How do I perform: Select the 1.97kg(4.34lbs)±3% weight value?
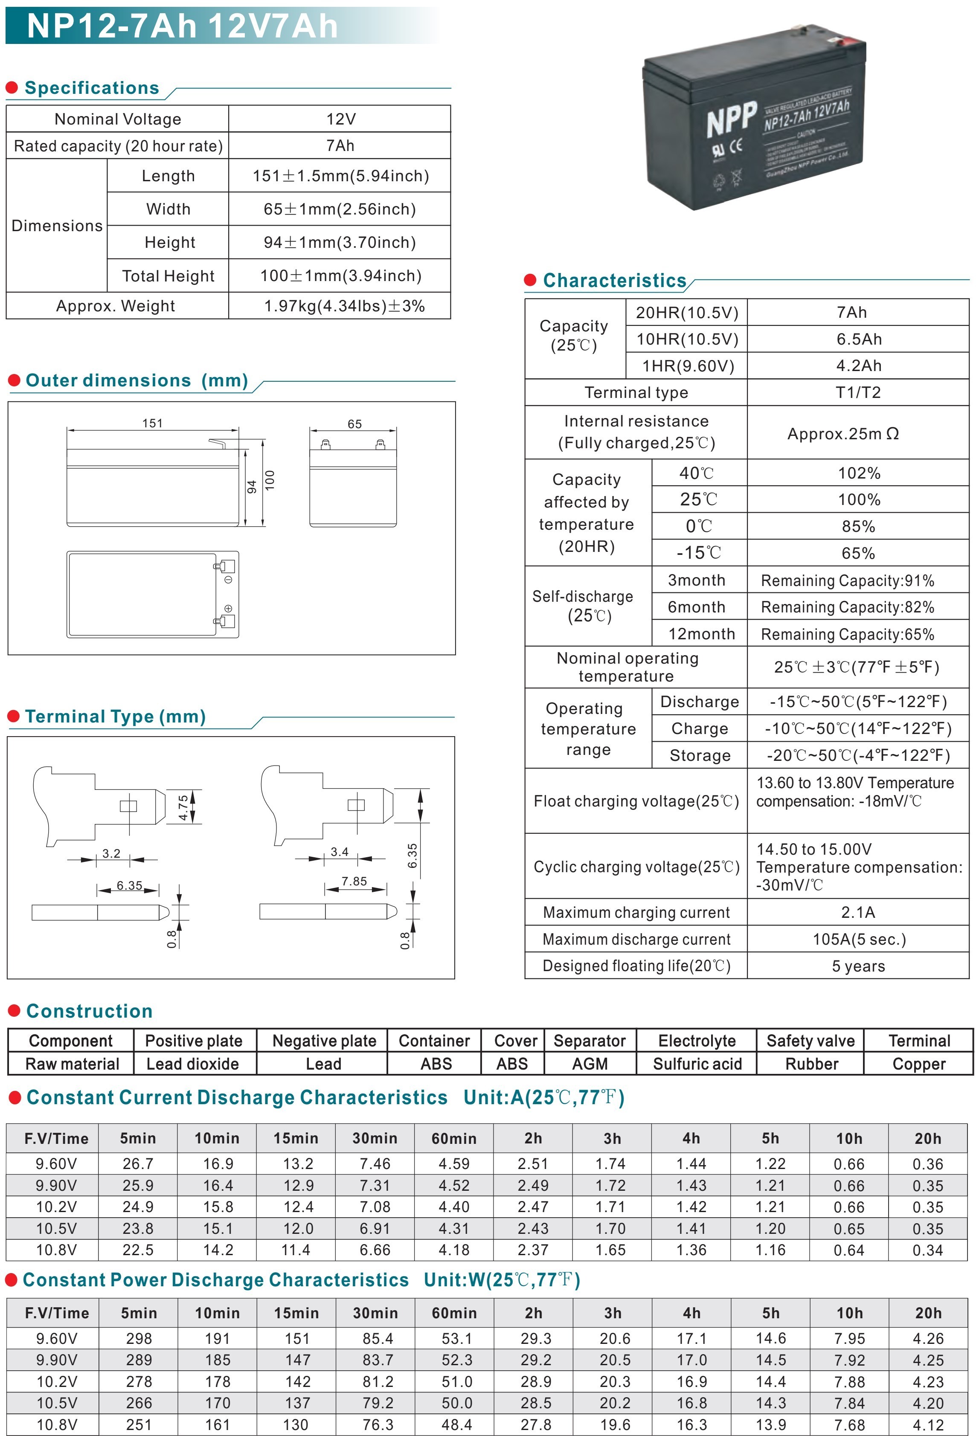(x=344, y=306)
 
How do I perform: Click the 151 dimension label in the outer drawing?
(x=152, y=423)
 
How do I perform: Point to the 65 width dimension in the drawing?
(x=354, y=424)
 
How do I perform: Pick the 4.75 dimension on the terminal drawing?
(x=183, y=807)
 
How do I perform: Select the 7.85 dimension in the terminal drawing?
(x=354, y=882)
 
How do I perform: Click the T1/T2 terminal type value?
(x=858, y=392)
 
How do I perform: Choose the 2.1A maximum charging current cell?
(x=858, y=912)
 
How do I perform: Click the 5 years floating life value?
(x=858, y=966)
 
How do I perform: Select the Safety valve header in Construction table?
(x=810, y=1041)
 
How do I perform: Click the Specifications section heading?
(x=91, y=88)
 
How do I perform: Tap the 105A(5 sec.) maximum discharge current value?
(x=858, y=939)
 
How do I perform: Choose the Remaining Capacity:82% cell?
(x=847, y=607)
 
